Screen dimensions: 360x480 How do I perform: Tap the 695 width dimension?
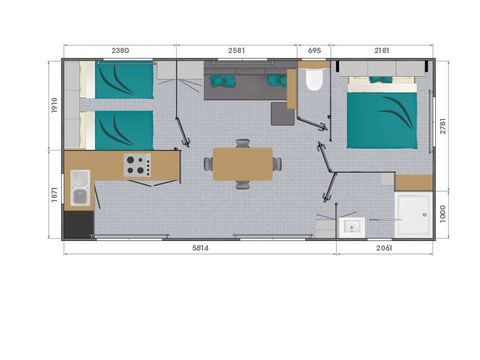pyautogui.click(x=314, y=50)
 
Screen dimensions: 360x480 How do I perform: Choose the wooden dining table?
pyautogui.click(x=242, y=164)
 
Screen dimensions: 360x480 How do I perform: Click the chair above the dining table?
pyautogui.click(x=242, y=144)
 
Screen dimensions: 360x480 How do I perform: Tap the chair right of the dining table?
pyautogui.click(x=277, y=164)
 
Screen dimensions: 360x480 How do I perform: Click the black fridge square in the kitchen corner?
pyautogui.click(x=77, y=225)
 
